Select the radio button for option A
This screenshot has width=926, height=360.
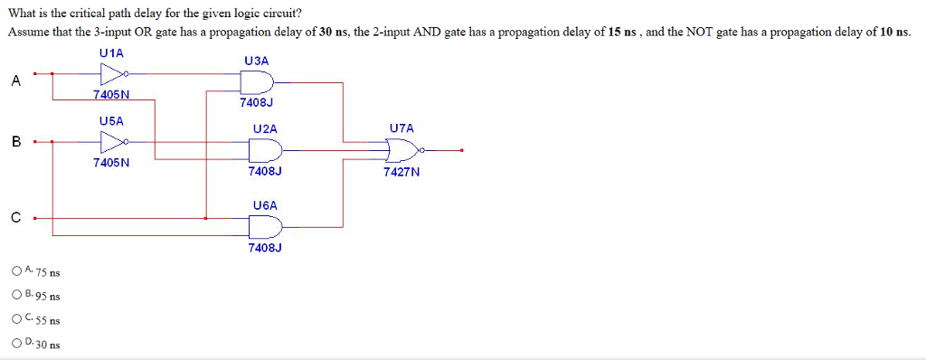[x=18, y=270]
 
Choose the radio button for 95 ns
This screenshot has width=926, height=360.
[x=18, y=294]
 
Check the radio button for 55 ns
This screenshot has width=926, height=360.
[x=18, y=318]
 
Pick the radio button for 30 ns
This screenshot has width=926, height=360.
[x=18, y=343]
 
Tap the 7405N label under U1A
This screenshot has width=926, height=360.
[x=111, y=94]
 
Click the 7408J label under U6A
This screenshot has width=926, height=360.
[x=265, y=247]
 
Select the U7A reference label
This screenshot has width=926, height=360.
[x=402, y=129]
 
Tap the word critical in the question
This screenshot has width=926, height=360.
[x=93, y=14]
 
